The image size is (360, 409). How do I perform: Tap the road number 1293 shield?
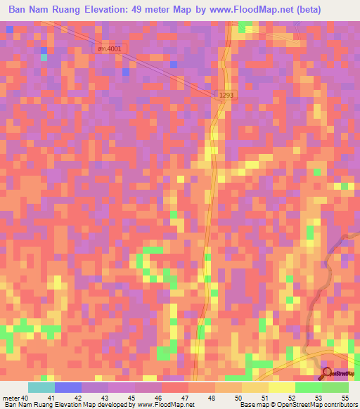pos(225,94)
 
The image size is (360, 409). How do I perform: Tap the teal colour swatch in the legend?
pos(41,387)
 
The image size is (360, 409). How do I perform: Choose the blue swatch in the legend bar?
pos(67,387)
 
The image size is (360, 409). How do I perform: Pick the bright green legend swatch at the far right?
pos(335,387)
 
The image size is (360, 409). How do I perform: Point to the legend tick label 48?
pos(211,397)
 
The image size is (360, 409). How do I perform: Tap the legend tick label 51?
pos(264,397)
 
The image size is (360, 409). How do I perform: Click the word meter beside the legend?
pos(11,397)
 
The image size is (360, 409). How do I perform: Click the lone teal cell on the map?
pos(44,58)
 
